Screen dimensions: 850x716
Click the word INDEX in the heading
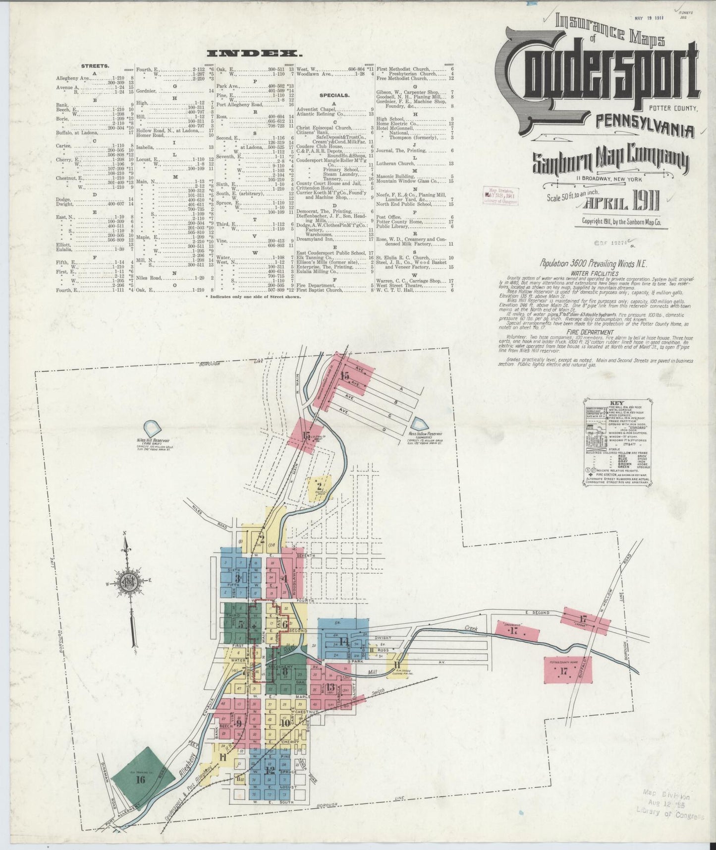click(253, 54)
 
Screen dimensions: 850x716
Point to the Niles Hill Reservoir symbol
click(152, 428)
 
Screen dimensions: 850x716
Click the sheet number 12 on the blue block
click(270, 784)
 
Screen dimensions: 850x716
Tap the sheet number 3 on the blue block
click(238, 578)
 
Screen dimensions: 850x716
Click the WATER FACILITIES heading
click(587, 273)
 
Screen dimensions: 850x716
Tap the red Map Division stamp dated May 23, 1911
click(500, 195)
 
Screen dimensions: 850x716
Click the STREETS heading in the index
click(95, 66)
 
